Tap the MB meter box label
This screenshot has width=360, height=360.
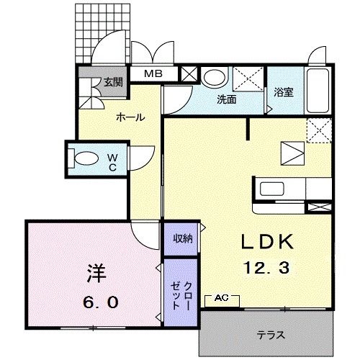point(156,73)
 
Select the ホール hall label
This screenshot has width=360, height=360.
point(130,117)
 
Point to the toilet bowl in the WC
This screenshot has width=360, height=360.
point(86,158)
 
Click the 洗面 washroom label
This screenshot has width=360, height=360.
point(227,100)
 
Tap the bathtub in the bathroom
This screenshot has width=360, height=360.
point(317,89)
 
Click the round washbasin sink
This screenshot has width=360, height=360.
point(214,78)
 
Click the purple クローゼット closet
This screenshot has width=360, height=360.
point(180,294)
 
